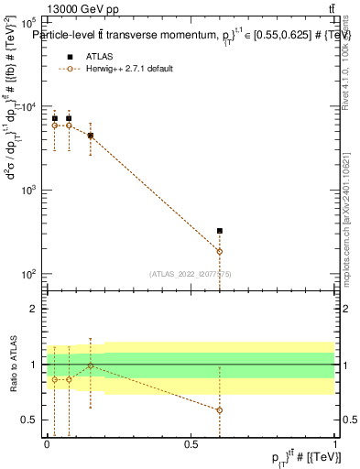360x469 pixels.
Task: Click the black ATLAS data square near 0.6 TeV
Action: coord(220,231)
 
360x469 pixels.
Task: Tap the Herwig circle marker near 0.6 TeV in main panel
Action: coord(220,251)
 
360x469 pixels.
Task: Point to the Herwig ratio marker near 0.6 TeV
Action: coord(220,410)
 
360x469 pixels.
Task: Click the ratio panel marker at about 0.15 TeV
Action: coord(90,365)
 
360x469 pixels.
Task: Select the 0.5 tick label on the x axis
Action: coord(191,444)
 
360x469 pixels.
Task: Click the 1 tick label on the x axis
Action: coord(335,444)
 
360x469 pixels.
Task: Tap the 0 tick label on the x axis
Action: coord(47,444)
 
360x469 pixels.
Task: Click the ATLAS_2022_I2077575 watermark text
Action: coord(191,272)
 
